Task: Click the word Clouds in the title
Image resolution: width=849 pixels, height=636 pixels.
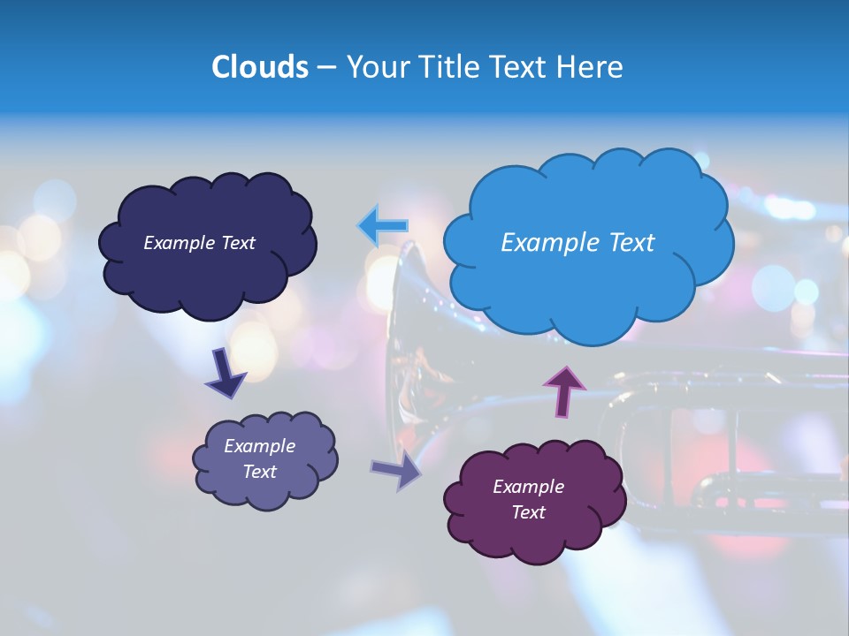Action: click(x=260, y=67)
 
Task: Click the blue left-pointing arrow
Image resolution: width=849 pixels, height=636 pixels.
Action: click(x=382, y=226)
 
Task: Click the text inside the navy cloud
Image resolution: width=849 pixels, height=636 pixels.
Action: click(x=199, y=243)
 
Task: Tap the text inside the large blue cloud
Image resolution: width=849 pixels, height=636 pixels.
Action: click(x=577, y=243)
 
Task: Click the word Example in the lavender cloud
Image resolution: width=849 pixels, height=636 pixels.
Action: click(x=259, y=446)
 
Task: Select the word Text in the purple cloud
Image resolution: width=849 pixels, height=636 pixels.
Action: click(x=528, y=512)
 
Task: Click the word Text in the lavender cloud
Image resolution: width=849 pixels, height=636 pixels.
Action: click(x=259, y=472)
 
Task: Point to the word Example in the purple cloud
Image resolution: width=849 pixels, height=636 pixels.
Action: click(x=528, y=487)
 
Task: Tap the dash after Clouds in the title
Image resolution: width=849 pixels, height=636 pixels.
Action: click(x=325, y=68)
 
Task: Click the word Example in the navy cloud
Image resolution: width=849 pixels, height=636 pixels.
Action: click(x=177, y=243)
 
